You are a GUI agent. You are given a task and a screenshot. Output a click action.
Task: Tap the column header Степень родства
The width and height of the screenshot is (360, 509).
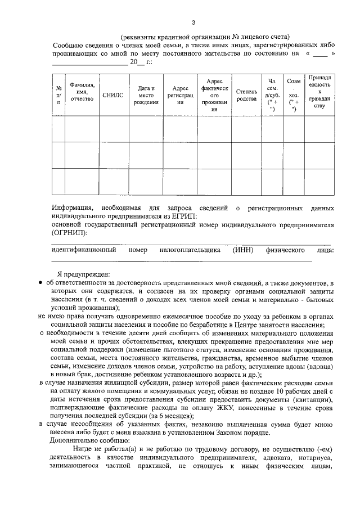pos(246,95)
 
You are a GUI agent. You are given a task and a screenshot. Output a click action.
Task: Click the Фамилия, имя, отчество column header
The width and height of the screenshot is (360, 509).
pos(82,91)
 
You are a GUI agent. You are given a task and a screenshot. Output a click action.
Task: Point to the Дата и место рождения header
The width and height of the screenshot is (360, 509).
pos(146,95)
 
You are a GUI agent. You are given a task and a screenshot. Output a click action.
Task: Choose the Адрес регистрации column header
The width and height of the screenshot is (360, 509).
pos(181,95)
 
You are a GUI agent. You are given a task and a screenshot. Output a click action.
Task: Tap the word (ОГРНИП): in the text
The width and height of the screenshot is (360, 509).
pos(69,232)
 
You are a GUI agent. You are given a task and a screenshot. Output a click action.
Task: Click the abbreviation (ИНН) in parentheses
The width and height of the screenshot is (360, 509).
pos(244,249)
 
